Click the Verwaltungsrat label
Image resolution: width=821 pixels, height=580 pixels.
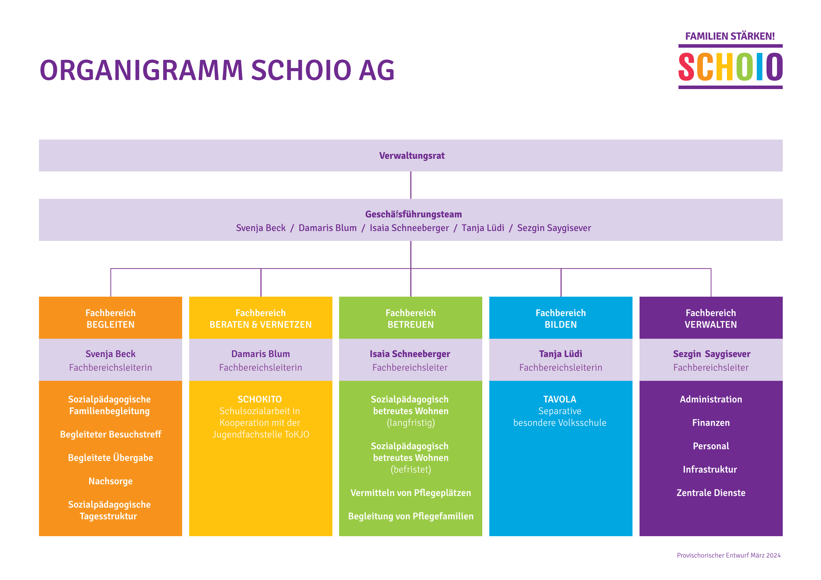pos(412,156)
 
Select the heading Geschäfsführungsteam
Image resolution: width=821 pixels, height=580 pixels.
pos(413,214)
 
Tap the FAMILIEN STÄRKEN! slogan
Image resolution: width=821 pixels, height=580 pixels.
pos(730,36)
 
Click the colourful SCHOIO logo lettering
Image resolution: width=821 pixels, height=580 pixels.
pos(730,67)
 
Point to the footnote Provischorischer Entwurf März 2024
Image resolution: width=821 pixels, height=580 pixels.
pos(728,555)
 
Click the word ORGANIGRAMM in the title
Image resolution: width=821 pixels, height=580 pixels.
pos(141,70)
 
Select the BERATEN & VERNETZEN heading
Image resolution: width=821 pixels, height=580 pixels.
pos(260,325)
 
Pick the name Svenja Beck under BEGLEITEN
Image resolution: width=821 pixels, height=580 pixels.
pos(111,354)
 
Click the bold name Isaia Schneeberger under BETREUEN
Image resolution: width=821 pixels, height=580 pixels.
pos(410,354)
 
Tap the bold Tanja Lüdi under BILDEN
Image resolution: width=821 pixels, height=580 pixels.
pos(560,354)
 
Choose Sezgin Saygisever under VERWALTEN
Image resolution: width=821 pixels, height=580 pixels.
pos(711,354)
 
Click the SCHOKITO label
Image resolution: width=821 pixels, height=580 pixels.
pos(260,399)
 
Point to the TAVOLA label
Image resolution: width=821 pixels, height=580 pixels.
pos(560,399)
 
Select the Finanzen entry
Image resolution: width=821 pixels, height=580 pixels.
pos(710,423)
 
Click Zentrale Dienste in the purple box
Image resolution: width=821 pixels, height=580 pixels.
pos(710,493)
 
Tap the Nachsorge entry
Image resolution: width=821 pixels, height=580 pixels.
pos(111,481)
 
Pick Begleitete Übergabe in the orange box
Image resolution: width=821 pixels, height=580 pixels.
pos(111,458)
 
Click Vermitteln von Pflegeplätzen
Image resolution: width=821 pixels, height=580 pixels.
pos(411,493)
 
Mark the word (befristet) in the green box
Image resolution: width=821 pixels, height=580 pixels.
pos(411,470)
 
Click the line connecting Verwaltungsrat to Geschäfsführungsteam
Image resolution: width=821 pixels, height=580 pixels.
pos(411,185)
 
